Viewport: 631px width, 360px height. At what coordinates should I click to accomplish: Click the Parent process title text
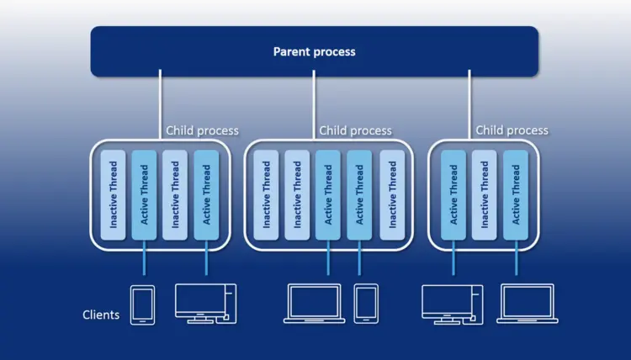[314, 51]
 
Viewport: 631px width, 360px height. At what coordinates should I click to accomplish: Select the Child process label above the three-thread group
[512, 130]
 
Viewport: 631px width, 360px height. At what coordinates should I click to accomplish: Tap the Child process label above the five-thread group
[355, 130]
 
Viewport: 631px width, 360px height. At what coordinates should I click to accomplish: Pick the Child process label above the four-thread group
[202, 130]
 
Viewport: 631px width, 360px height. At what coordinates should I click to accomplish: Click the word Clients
[101, 315]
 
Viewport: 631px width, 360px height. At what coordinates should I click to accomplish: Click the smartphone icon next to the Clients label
[142, 304]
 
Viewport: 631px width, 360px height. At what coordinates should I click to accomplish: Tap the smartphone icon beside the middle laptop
[366, 304]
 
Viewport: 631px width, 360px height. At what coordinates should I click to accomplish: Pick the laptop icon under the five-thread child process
[314, 304]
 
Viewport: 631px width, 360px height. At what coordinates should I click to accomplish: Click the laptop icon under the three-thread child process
[526, 304]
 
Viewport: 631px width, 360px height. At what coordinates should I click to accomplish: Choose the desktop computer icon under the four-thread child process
[205, 304]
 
